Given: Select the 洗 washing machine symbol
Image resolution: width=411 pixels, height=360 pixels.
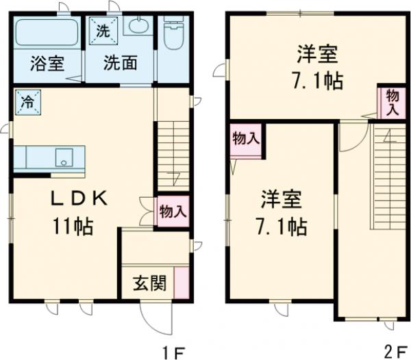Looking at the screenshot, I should [102, 30].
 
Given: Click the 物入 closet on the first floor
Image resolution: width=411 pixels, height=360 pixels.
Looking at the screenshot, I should [172, 210].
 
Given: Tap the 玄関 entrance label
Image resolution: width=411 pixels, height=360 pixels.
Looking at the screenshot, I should [148, 283].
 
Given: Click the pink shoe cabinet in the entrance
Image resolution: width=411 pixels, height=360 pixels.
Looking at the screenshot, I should [182, 281].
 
